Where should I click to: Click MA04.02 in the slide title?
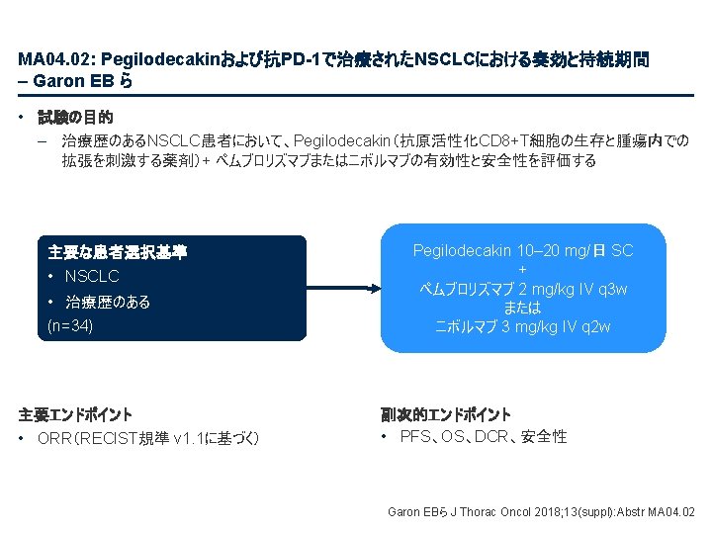(49, 60)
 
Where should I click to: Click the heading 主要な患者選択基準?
(117, 253)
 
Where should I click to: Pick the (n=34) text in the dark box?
(70, 323)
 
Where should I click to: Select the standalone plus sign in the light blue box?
(523, 270)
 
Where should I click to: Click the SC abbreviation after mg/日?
(622, 252)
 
